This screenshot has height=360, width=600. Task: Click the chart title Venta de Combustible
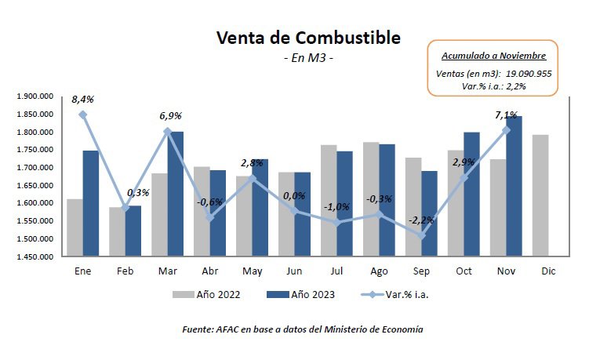(307, 38)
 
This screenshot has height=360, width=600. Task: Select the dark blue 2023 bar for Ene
(91, 203)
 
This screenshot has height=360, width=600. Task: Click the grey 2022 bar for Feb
(117, 231)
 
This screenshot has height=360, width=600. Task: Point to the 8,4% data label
(82, 100)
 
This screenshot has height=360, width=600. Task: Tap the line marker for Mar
(167, 132)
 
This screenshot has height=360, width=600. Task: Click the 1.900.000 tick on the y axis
(34, 96)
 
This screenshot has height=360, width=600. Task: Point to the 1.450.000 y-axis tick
(34, 256)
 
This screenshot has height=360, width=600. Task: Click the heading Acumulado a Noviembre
(493, 56)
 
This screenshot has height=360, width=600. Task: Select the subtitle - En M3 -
(307, 58)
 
